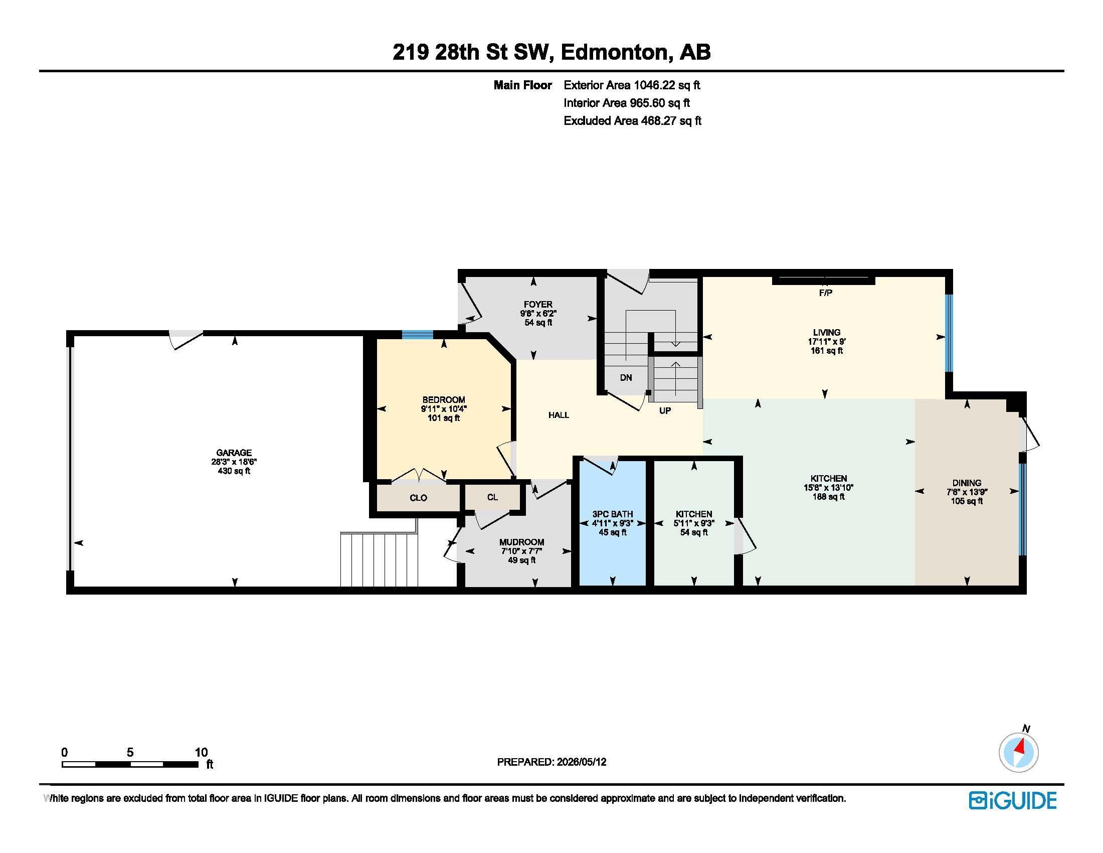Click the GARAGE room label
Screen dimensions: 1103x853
[234, 453]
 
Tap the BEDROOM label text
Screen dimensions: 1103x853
[443, 400]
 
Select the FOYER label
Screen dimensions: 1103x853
[538, 304]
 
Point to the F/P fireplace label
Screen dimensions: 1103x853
[825, 293]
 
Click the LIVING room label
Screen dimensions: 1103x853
[826, 332]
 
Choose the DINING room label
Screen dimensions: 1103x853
[967, 483]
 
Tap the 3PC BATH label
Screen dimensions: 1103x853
[613, 514]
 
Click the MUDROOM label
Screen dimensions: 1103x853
[522, 542]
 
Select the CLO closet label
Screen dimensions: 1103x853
[418, 498]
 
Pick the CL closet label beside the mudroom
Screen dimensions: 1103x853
[492, 497]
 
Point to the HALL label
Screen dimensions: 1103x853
[559, 415]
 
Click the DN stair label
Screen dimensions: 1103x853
[626, 377]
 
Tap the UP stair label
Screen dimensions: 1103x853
[665, 411]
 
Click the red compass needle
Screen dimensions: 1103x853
[1021, 746]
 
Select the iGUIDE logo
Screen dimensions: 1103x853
[1013, 800]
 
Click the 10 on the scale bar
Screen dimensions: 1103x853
[201, 752]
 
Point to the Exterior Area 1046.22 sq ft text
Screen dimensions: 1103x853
[632, 85]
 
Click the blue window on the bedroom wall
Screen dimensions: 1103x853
[418, 334]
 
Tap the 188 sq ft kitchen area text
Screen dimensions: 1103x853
[828, 497]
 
